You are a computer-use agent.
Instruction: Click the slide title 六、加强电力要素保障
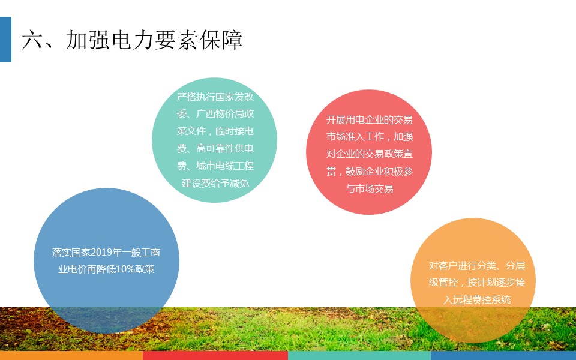coord(132,40)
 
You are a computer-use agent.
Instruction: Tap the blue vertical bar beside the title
coord(5,40)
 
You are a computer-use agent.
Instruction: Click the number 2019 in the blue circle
coord(102,253)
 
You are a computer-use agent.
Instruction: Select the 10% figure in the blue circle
coord(125,269)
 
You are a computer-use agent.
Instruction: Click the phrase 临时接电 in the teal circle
coord(235,131)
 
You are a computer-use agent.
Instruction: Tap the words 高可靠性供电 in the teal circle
coord(225,148)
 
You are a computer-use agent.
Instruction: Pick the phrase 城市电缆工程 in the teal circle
coord(225,166)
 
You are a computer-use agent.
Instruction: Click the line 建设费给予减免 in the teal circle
coord(215,183)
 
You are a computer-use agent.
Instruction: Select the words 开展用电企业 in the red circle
coord(355,120)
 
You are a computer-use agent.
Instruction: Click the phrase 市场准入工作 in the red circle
coord(355,137)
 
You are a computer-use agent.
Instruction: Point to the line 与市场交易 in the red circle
coord(369,189)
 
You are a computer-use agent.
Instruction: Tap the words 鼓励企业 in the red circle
coord(364,172)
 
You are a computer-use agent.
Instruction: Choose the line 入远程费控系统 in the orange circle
coord(477,300)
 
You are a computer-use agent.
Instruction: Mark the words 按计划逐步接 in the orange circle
coord(496,283)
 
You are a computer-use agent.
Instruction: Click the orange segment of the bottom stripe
coord(71,355)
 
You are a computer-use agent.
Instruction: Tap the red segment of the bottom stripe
coord(215,355)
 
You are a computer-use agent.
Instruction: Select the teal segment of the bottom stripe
coord(359,355)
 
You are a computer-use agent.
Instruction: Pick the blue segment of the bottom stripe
coord(503,355)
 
